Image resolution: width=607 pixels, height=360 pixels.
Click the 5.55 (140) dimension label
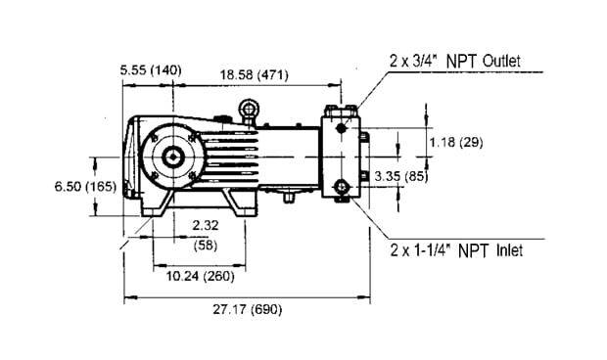click(151, 70)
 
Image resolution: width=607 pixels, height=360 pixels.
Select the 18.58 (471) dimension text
click(255, 74)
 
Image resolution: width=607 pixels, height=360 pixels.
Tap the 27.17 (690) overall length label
click(248, 309)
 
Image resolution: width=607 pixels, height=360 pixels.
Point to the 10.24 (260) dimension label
click(200, 276)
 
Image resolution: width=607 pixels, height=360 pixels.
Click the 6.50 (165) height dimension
click(85, 187)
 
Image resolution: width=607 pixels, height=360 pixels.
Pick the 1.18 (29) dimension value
click(456, 142)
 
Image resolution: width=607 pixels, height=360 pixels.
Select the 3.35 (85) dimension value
click(401, 176)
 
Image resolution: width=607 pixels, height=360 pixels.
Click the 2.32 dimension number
click(206, 225)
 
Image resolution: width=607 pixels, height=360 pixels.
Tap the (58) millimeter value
click(206, 246)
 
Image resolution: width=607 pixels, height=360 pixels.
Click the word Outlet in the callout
click(501, 61)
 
